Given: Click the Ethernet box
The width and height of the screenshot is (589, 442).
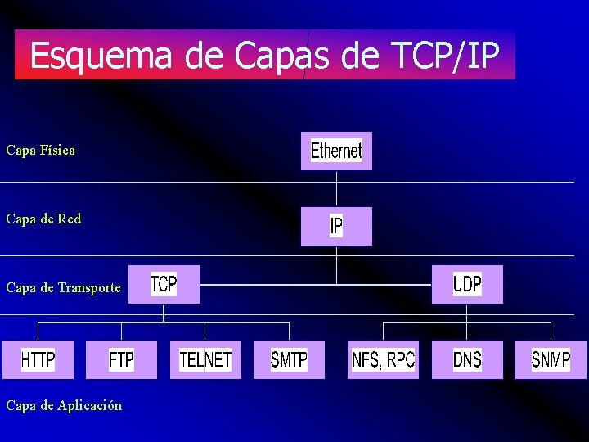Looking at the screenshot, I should tap(336, 151).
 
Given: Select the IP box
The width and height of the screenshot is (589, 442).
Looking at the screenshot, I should tap(336, 226).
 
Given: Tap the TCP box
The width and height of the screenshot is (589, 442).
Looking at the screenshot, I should tap(164, 284).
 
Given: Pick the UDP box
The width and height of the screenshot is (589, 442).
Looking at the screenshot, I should tap(467, 284).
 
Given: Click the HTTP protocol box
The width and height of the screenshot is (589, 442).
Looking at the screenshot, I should tap(38, 359).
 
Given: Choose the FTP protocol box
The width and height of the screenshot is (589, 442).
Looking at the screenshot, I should tap(121, 359).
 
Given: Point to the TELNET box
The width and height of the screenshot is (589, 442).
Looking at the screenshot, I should tap(205, 359).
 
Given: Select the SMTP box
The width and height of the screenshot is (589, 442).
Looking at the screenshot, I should tap(289, 359).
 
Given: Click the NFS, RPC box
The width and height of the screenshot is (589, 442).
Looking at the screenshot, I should tap(383, 359).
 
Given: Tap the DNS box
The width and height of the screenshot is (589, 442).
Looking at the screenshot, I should tap(467, 359).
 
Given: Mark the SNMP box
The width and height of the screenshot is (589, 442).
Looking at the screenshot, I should tap(551, 359).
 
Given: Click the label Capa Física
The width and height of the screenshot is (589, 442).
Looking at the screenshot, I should tap(40, 151).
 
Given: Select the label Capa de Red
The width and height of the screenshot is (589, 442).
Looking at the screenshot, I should tap(43, 219).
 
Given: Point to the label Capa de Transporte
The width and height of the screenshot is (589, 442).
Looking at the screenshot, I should tap(63, 288).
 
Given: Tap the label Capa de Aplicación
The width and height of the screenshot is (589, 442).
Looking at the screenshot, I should tap(64, 406).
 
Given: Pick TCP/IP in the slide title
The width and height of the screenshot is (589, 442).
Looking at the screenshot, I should tap(443, 56).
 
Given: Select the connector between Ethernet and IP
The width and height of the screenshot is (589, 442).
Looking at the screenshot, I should tap(336, 188).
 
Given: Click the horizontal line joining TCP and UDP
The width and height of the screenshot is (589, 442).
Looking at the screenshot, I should tap(315, 285).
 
